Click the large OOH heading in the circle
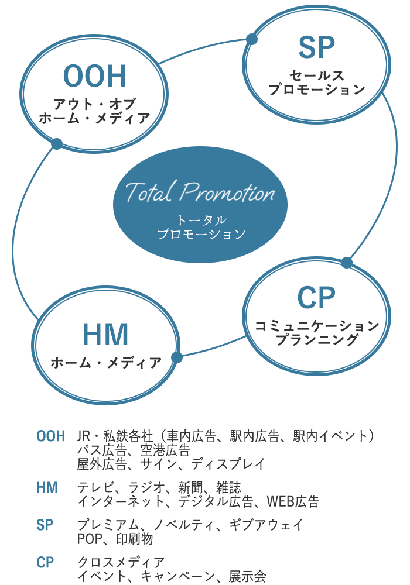coord(94,76)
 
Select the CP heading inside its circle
coord(316,298)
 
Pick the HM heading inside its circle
coord(105,334)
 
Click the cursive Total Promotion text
coord(200,192)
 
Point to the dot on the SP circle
coord(252,39)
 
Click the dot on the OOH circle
coord(57,144)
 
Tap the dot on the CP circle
coord(347,262)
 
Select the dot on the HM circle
coord(177,357)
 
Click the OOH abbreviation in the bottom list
coord(51,436)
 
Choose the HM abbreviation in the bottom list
coord(47,488)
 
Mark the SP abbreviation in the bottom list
coord(45,525)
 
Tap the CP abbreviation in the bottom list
coord(45,562)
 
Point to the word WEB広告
coord(293,502)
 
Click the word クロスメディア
coord(121,562)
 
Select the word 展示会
coord(248,576)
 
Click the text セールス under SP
coord(317,75)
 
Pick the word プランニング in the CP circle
coord(317,339)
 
